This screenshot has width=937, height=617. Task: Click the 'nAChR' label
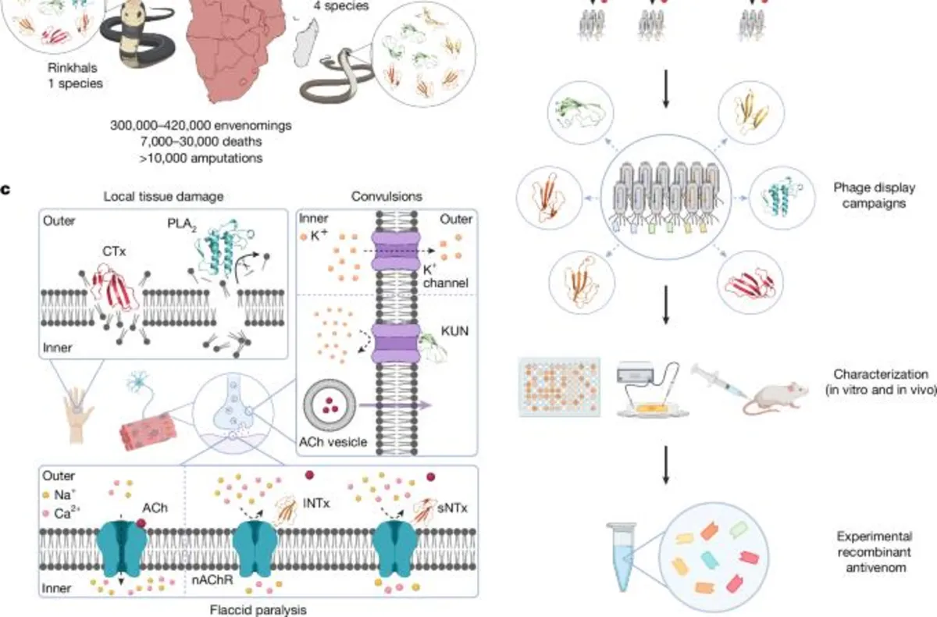point(211,580)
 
